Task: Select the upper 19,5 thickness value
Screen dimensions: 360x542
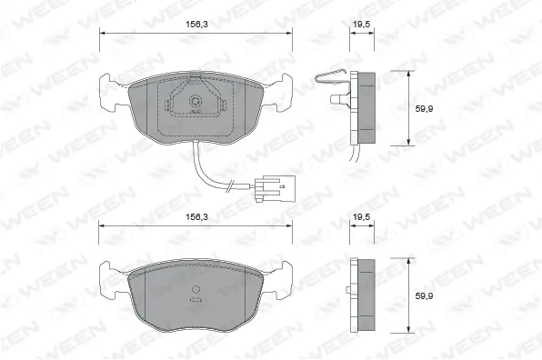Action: [360, 26]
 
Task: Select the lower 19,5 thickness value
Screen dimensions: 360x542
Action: [360, 218]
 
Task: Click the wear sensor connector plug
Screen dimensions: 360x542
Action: [269, 189]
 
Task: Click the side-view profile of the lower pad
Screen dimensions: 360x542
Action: [363, 293]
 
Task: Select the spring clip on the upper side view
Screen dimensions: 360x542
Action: [329, 84]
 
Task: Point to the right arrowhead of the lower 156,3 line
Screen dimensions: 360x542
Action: [289, 225]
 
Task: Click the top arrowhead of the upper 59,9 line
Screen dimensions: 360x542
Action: [408, 73]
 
